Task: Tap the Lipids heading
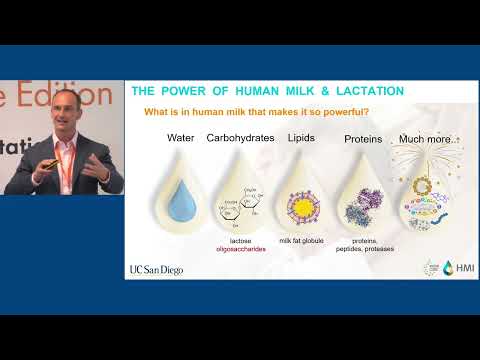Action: [302, 137]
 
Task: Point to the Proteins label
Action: [363, 139]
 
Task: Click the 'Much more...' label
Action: [422, 139]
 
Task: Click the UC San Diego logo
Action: [158, 270]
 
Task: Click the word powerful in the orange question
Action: [336, 110]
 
